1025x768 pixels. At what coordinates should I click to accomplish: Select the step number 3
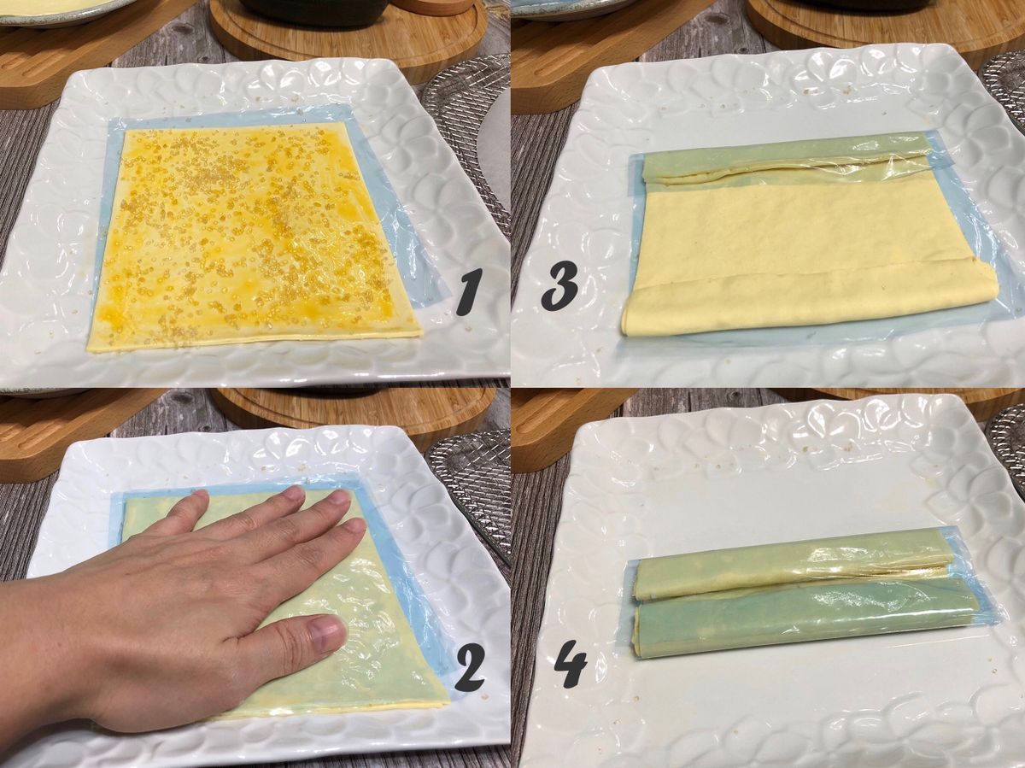pyautogui.click(x=560, y=280)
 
